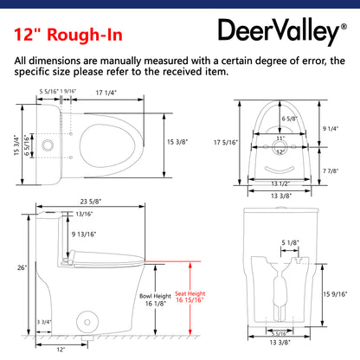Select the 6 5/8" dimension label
[290, 118]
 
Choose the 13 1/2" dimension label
[288, 183]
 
